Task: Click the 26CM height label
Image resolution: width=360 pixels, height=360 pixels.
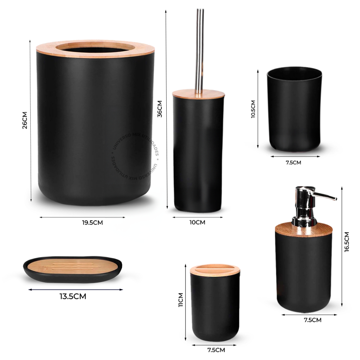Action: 25,120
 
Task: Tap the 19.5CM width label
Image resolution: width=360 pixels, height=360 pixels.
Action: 92,223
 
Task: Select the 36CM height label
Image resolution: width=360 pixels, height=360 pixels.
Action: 160,109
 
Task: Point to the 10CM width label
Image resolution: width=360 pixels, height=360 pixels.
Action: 198,223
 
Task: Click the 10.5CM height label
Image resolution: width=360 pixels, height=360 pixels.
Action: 253,109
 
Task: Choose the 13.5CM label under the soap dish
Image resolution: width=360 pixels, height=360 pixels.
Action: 73,296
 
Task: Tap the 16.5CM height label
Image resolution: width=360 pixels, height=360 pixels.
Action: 347,242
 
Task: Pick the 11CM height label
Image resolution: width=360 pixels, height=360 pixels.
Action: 181,300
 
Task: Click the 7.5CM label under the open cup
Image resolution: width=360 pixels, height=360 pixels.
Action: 293,162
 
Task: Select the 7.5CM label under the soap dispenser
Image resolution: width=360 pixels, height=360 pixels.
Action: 313,320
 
